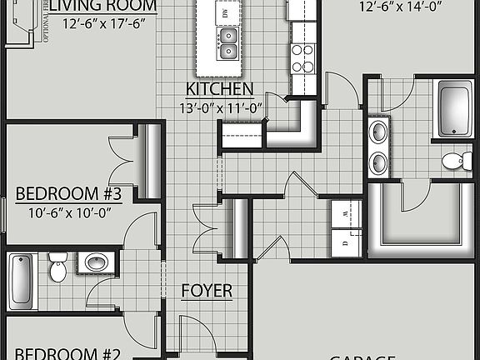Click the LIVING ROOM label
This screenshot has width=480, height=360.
(x=102, y=6)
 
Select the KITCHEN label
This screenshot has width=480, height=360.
(x=219, y=89)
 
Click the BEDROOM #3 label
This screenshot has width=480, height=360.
(x=69, y=195)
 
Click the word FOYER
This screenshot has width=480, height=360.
(x=207, y=292)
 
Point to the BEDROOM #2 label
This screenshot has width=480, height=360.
(x=69, y=352)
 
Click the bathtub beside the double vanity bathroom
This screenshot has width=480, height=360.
(x=456, y=110)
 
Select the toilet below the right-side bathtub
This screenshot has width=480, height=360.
(x=452, y=161)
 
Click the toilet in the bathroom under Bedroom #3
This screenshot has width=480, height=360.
(x=57, y=267)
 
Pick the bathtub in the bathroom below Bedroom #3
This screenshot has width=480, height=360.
(x=21, y=282)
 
